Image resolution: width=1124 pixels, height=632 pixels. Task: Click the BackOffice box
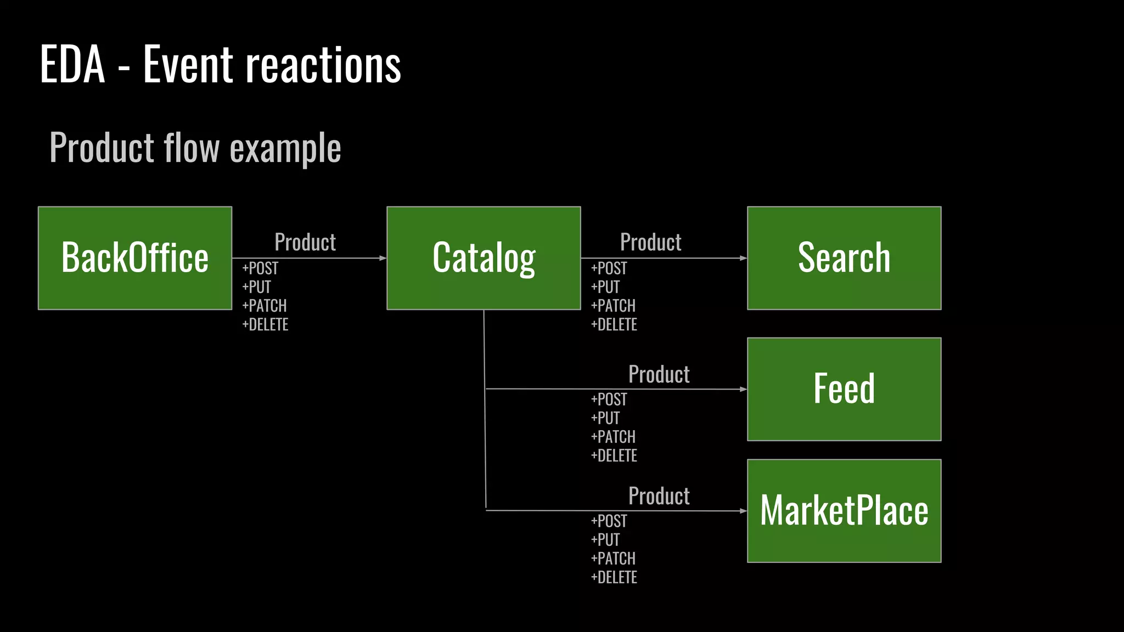[135, 258]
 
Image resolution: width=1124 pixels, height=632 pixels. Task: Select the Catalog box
[484, 258]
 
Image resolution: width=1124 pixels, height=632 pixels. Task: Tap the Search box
[844, 258]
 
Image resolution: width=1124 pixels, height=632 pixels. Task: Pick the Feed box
[844, 389]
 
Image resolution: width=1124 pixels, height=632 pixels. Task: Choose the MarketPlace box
[844, 511]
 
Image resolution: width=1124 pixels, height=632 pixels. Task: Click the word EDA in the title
[72, 65]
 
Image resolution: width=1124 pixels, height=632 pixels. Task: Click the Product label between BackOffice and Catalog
[305, 242]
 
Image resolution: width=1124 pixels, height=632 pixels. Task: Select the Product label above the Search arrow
[651, 242]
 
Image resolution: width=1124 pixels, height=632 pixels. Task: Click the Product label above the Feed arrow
[659, 374]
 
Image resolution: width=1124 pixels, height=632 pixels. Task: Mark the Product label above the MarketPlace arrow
[659, 496]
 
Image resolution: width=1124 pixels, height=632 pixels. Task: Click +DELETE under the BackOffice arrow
[265, 325]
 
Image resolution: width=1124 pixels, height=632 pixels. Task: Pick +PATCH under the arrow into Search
[613, 306]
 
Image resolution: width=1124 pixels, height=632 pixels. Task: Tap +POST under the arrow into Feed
[609, 399]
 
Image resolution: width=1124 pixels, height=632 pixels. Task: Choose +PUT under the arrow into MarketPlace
[605, 540]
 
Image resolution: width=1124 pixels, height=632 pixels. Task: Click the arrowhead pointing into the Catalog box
[383, 258]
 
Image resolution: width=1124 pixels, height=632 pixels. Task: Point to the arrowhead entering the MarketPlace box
[743, 511]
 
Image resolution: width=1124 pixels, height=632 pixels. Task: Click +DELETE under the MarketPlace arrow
[614, 578]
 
